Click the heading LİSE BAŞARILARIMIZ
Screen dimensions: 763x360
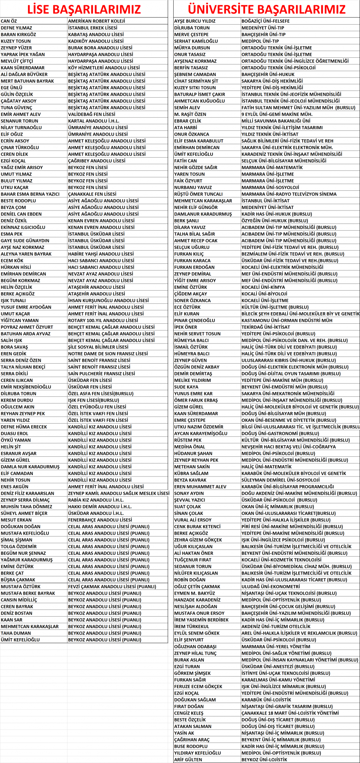[84, 9]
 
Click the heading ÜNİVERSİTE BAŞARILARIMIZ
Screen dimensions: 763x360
[266, 9]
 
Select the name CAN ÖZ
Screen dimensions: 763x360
[9, 21]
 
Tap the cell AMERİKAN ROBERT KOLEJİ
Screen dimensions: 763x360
[97, 21]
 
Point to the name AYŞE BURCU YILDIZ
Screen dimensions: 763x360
[195, 21]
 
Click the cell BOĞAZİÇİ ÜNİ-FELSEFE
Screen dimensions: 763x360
[265, 21]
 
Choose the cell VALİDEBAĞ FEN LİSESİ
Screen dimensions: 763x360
[92, 114]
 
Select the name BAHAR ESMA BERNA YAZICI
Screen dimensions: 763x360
[30, 194]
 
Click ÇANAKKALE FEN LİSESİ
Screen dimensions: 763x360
[92, 194]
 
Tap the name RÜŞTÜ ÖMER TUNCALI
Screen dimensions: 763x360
[198, 194]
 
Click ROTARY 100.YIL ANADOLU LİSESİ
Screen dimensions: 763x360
[103, 320]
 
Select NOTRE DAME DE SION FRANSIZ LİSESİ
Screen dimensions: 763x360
[108, 354]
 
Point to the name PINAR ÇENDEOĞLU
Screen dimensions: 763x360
[195, 320]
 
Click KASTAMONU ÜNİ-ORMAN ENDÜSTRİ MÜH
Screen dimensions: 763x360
[287, 320]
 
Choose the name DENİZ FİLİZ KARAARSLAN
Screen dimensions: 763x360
[27, 493]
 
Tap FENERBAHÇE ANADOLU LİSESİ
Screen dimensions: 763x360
[100, 520]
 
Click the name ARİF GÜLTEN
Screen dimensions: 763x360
[188, 759]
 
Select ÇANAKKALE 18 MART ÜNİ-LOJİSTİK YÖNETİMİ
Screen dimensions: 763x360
[290, 713]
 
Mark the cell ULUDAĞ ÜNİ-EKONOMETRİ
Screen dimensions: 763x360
[271, 586]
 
